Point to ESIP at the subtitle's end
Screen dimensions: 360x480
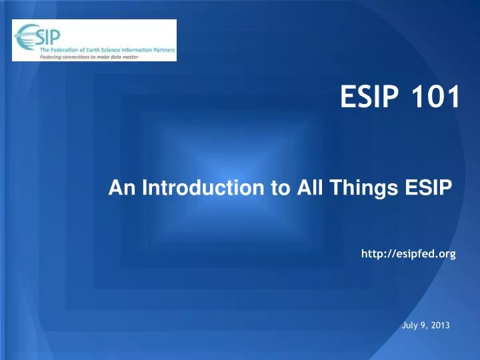(x=432, y=191)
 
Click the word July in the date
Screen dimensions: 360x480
(x=413, y=325)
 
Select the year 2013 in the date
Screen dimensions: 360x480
(x=440, y=325)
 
